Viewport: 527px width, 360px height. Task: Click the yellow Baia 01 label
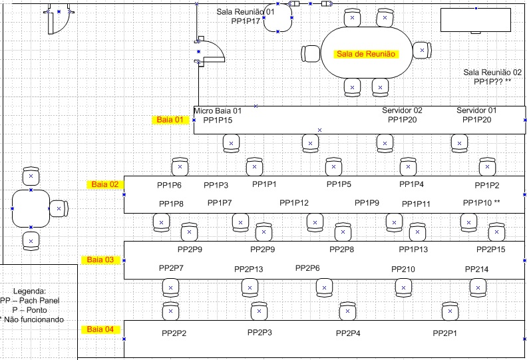point(169,120)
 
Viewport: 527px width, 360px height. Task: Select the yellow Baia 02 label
point(104,184)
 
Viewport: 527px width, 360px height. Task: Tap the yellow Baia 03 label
point(100,260)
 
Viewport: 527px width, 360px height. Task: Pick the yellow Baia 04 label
point(100,329)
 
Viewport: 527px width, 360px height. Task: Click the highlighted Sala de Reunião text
point(366,54)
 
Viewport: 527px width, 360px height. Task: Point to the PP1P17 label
point(246,21)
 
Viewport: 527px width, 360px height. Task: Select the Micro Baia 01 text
point(218,110)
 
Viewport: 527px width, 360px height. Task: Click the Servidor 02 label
point(402,110)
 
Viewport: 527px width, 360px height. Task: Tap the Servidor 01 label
point(476,110)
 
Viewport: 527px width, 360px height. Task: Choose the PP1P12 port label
point(294,203)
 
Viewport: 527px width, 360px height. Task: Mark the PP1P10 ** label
point(481,203)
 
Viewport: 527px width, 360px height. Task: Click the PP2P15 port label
point(491,250)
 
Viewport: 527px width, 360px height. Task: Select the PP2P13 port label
point(249,270)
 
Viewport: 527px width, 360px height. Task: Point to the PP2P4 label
point(348,333)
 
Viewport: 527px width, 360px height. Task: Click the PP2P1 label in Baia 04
point(445,333)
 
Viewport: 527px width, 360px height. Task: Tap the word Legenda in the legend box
point(29,291)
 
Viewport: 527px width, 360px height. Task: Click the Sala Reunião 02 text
point(492,73)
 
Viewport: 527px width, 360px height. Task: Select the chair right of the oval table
point(421,51)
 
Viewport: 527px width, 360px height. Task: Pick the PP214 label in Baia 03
point(477,270)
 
